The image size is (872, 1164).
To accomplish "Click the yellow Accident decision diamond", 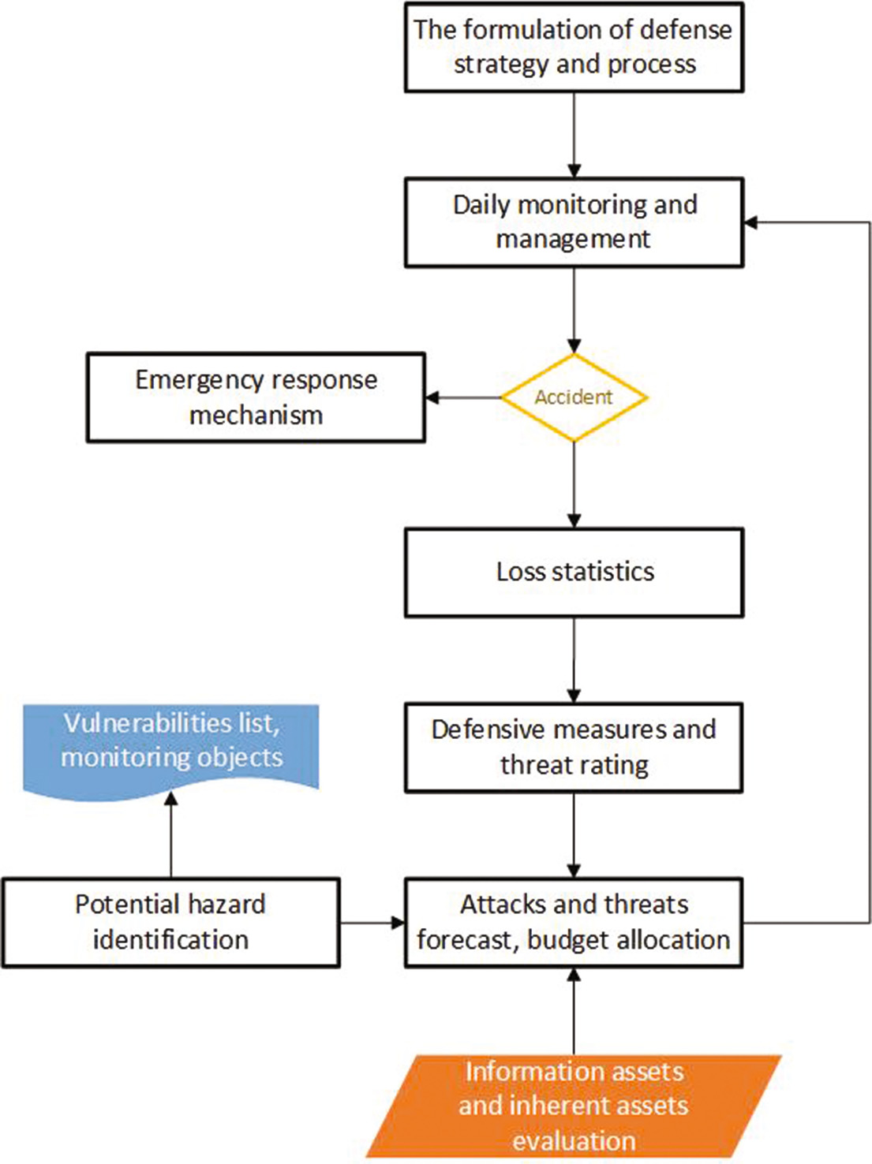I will click(x=574, y=397).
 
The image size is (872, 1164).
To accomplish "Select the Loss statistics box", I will click(x=574, y=572).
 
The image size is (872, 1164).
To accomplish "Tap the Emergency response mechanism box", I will click(x=256, y=397).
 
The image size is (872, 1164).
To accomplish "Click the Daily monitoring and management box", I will click(x=574, y=222).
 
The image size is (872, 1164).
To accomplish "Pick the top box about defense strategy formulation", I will click(x=574, y=47).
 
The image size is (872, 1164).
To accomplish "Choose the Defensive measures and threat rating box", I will click(x=574, y=747).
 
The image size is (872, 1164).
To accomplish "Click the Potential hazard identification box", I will click(x=170, y=922).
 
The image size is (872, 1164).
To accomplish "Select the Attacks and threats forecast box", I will click(x=574, y=922).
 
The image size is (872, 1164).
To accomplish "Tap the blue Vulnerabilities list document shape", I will click(x=171, y=745).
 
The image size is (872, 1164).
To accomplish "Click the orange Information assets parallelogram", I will click(x=574, y=1106).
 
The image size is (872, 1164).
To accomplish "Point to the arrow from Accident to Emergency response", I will click(x=464, y=397).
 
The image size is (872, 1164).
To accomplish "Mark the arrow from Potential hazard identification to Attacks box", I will click(x=372, y=922).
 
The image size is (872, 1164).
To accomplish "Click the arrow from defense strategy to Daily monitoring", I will click(x=574, y=135).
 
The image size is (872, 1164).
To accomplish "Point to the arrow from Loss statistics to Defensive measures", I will click(x=574, y=659).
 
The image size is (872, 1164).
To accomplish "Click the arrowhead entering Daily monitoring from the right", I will click(x=751, y=222).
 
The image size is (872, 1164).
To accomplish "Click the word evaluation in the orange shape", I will click(x=574, y=1140).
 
